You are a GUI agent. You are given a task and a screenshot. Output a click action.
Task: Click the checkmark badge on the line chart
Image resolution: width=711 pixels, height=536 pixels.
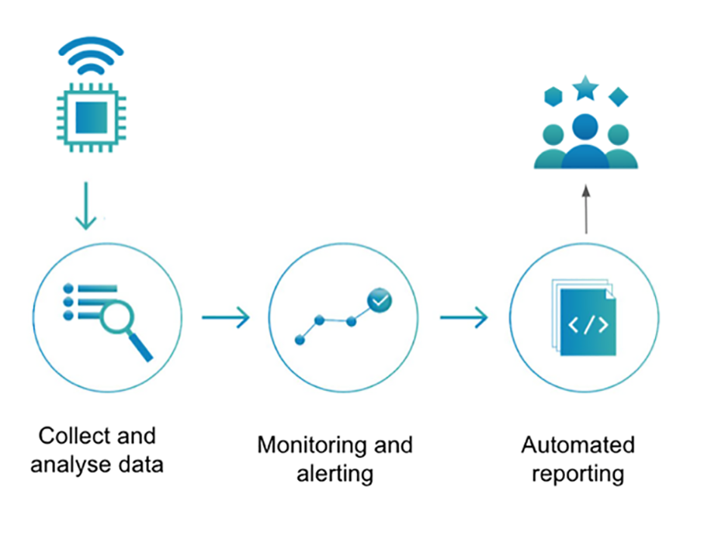(380, 299)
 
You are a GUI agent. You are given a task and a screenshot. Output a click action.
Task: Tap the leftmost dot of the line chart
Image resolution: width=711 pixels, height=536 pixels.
(300, 340)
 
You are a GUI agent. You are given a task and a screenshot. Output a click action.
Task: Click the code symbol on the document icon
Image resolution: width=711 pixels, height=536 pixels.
(588, 324)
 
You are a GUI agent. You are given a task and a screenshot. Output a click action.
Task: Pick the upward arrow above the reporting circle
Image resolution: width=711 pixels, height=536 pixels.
(586, 209)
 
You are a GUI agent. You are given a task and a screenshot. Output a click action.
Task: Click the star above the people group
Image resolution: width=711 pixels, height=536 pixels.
(585, 88)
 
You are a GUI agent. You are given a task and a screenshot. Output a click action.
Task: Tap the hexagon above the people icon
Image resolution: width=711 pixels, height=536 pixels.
(553, 96)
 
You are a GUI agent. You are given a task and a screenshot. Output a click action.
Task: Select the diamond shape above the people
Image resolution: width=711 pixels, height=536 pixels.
(618, 96)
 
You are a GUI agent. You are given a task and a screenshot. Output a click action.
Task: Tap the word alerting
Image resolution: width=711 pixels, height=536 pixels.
(335, 472)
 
